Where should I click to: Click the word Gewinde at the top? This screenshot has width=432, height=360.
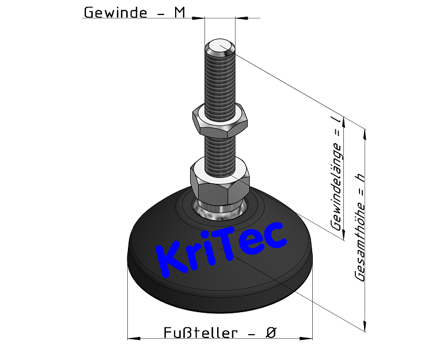115,12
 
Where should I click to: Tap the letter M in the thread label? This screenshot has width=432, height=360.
179,12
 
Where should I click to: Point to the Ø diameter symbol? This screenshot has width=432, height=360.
271,333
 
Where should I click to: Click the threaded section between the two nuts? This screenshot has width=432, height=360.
220,146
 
